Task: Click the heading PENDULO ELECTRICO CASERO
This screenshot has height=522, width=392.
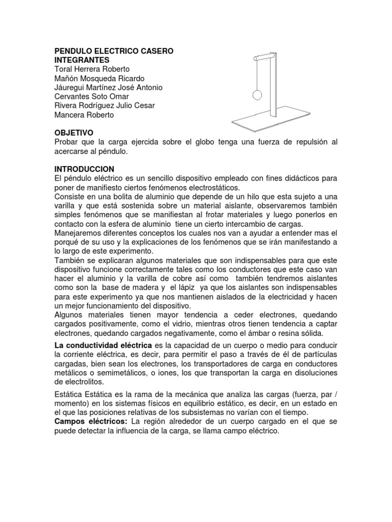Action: pyautogui.click(x=113, y=51)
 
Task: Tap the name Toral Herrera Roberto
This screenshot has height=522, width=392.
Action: pyautogui.click(x=92, y=69)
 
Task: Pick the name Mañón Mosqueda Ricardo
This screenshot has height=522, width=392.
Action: pyautogui.click(x=99, y=78)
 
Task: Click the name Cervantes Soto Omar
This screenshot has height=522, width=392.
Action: pyautogui.click(x=91, y=96)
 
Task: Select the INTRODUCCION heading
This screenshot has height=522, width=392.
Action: pyautogui.click(x=84, y=169)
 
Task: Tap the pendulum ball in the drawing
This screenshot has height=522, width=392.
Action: pyautogui.click(x=257, y=94)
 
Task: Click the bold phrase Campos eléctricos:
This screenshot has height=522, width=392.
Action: pyautogui.click(x=91, y=422)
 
